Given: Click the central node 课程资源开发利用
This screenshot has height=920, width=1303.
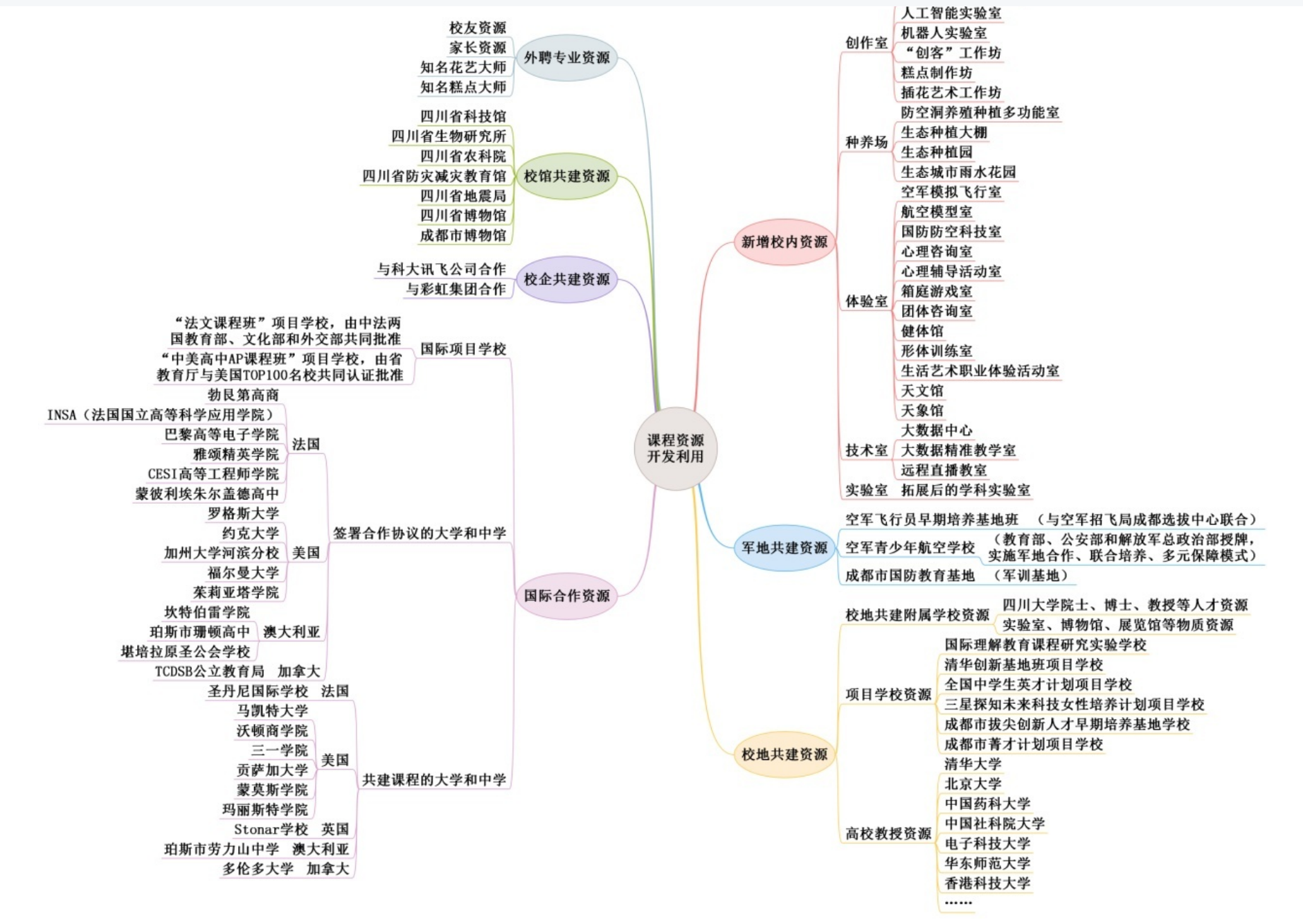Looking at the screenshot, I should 675,448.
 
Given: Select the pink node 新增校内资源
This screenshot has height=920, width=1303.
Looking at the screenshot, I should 784,242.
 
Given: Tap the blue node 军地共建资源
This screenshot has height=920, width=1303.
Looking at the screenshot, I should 784,548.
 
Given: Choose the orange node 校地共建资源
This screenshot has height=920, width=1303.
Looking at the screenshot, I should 784,754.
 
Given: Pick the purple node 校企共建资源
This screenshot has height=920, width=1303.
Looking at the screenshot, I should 566,279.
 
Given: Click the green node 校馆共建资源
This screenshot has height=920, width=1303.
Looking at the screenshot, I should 566,176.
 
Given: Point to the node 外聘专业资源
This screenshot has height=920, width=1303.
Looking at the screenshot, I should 566,57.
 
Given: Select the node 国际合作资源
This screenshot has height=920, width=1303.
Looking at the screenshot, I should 566,596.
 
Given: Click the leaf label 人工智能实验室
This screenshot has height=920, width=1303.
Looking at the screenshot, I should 951,13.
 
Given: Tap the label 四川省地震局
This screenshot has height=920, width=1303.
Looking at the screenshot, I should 463,196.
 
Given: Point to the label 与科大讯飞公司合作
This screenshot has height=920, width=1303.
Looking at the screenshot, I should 442,269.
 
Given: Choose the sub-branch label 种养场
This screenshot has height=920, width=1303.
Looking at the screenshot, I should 866,142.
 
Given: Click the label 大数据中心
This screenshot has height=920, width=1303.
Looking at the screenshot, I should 936,430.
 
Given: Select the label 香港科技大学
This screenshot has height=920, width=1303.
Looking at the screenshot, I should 987,883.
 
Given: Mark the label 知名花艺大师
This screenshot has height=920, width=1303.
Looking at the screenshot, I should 463,67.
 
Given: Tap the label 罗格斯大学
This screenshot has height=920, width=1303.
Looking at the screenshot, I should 243,513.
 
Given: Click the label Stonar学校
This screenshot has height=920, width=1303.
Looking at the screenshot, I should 271,829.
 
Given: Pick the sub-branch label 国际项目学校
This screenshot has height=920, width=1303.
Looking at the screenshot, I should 463,349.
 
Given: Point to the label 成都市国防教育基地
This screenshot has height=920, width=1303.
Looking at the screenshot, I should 910,576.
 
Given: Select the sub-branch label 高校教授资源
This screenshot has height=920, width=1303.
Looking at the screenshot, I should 888,833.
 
